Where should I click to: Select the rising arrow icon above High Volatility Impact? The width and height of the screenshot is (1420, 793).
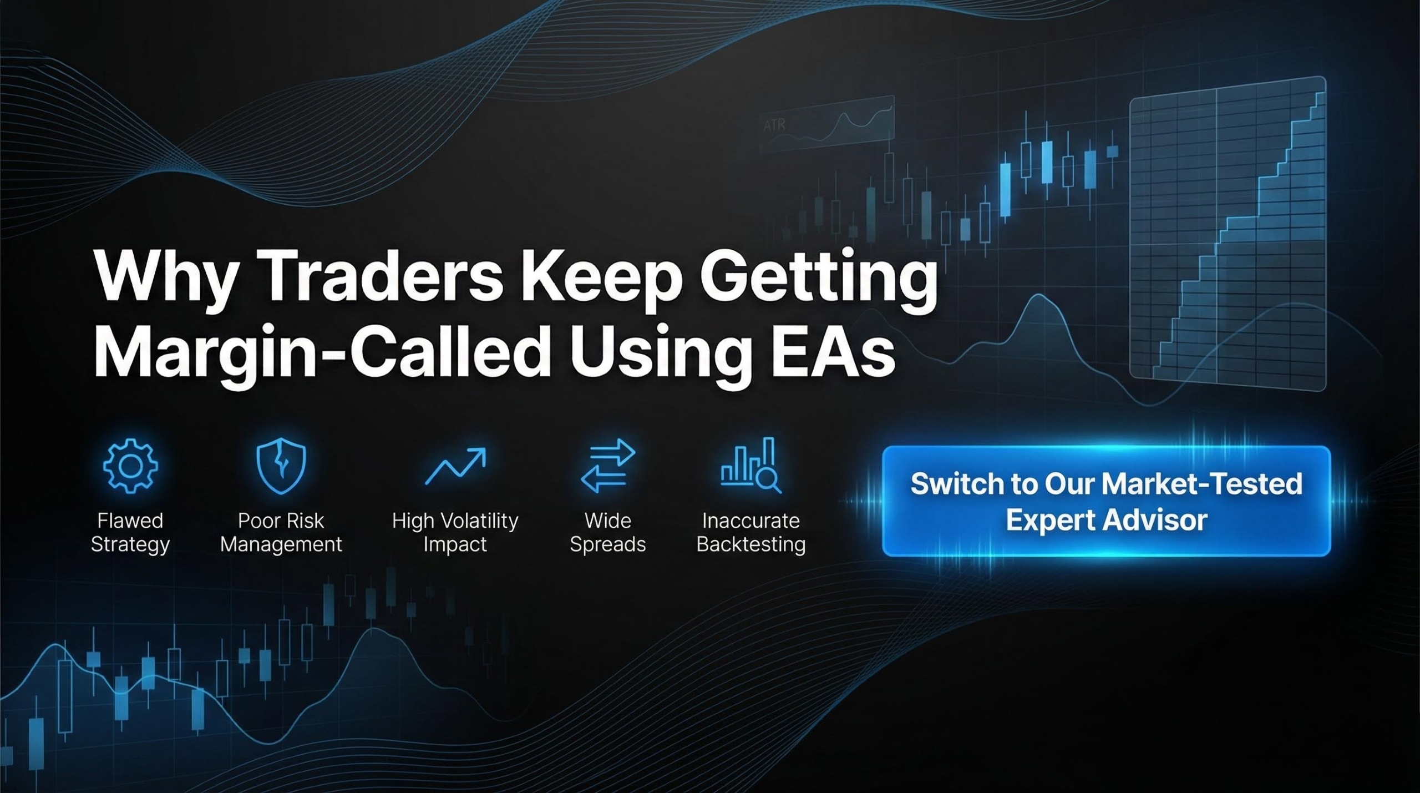455,466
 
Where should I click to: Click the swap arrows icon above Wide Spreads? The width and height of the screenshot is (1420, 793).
608,466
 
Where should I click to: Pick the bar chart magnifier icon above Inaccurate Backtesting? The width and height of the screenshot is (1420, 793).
751,465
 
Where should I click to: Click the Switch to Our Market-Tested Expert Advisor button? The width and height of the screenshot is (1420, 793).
1106,501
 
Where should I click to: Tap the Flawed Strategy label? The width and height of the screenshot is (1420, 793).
130,533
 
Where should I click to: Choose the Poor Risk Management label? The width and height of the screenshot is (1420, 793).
281,533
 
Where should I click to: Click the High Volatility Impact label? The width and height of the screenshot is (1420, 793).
455,533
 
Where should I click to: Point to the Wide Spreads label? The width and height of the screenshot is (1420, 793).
608,533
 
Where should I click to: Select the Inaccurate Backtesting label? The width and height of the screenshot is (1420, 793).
751,533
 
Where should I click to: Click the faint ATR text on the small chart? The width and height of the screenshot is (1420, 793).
774,124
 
